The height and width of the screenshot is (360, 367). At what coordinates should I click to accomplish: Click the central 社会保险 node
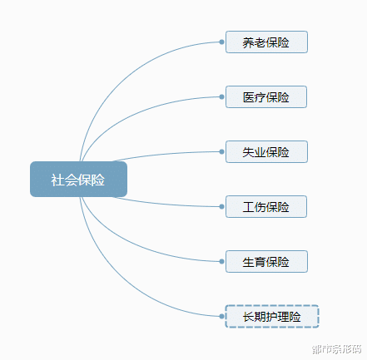coord(78,180)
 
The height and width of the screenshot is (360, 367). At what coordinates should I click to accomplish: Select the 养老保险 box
coord(266,42)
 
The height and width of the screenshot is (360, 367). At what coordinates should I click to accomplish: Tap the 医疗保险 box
coord(266,96)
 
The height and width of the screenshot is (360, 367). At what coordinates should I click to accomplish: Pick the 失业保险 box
coord(266,151)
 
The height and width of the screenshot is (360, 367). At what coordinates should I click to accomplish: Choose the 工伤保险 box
coord(266,206)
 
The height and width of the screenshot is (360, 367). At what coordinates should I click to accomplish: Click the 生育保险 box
coord(266,261)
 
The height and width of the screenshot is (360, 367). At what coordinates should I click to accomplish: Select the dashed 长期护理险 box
coord(272,316)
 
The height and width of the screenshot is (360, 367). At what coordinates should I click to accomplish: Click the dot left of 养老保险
coord(221,42)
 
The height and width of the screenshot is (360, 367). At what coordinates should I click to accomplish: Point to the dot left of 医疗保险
coord(221,96)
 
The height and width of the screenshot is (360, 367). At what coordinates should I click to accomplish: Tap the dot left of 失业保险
coord(221,151)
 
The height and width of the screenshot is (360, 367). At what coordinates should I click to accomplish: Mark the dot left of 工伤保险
coord(221,206)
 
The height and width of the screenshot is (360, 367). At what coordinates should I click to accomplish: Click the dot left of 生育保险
coord(221,261)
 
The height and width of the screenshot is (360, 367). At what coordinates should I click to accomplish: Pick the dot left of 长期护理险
coord(221,316)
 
